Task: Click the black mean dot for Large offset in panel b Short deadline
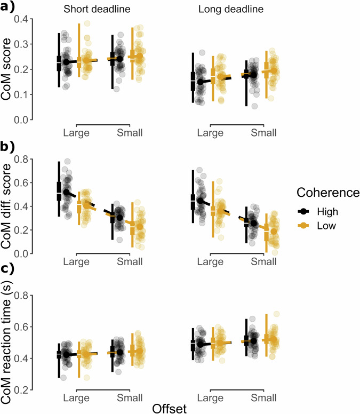(x=66, y=192)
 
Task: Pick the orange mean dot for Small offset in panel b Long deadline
(x=274, y=232)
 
